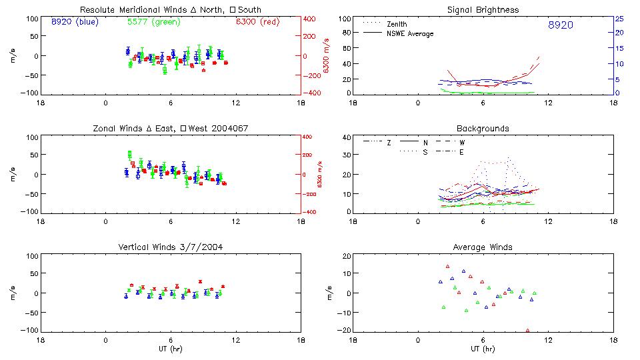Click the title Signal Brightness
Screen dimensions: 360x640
click(x=483, y=10)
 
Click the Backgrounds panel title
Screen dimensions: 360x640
click(x=483, y=128)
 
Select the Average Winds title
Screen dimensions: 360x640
click(x=483, y=247)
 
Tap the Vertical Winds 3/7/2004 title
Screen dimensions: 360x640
click(x=171, y=247)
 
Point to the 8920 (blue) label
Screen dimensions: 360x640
click(x=74, y=22)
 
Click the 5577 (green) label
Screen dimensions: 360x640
click(x=153, y=22)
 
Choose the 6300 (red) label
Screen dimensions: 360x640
click(x=258, y=22)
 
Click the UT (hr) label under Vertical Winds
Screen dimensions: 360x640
click(x=171, y=349)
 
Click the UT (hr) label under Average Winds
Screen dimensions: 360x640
click(x=483, y=349)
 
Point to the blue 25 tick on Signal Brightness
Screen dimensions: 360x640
click(x=619, y=19)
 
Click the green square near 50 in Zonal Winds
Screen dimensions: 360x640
click(x=130, y=154)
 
